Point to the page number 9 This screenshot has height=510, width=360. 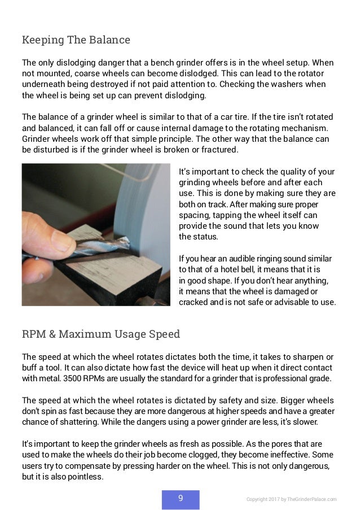click(x=181, y=498)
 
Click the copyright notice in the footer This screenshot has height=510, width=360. click(x=291, y=499)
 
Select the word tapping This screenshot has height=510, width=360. click(x=256, y=215)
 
